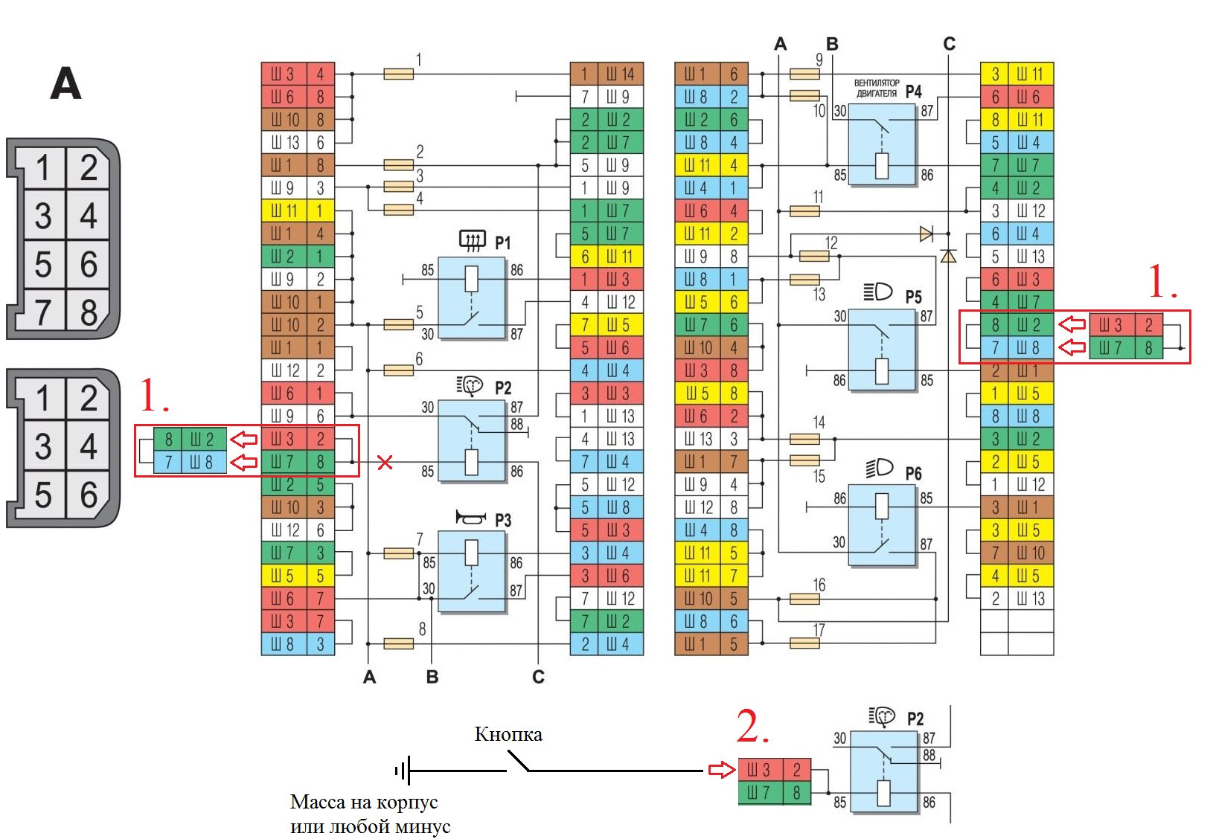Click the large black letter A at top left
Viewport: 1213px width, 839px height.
65,83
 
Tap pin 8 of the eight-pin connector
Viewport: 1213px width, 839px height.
89,312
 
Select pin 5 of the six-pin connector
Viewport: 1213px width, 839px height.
43,495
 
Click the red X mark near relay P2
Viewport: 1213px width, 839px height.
385,463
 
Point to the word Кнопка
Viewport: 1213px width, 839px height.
508,735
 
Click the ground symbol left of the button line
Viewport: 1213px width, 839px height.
403,771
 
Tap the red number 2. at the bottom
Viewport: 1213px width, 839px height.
752,727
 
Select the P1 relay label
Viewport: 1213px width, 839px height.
503,243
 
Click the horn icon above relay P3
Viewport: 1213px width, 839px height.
471,518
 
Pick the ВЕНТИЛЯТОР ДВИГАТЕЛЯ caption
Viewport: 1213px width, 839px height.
877,89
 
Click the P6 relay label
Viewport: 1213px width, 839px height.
913,474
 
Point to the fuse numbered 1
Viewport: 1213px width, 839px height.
399,74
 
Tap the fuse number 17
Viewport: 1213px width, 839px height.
819,631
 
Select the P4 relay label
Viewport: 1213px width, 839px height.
914,92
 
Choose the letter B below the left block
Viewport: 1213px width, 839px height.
432,677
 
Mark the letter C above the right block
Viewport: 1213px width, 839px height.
949,45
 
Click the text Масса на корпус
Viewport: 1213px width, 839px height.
363,802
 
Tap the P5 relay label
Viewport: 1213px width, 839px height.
913,297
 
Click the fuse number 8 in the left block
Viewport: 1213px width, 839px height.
422,629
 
